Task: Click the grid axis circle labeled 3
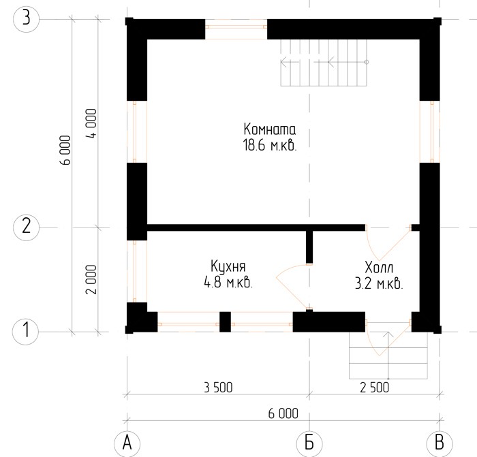point(27,19)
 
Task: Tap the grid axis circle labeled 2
point(27,227)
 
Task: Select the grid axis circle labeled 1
point(26,331)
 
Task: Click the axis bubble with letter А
point(127,443)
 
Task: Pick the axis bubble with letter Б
point(309,443)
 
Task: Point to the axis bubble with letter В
point(440,443)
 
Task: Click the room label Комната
point(270,129)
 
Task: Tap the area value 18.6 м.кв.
point(270,145)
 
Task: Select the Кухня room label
point(228,267)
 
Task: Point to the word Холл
point(379,268)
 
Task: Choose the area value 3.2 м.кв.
point(379,284)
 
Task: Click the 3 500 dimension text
point(218,388)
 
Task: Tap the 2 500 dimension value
point(375,388)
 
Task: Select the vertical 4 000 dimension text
point(91,123)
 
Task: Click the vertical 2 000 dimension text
point(91,279)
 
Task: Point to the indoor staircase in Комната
point(324,63)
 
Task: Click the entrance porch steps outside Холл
point(388,356)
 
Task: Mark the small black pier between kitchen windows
point(225,322)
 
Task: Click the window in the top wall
point(236,29)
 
